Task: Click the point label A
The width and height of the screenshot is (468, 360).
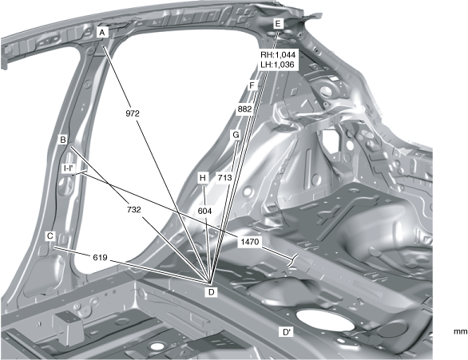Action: (x=102, y=32)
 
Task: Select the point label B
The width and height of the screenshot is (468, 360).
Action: (x=63, y=140)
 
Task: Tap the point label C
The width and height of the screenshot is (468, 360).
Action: (x=50, y=236)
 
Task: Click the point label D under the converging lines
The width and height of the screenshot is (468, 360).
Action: (x=212, y=292)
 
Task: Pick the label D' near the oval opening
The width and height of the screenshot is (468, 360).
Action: (x=286, y=332)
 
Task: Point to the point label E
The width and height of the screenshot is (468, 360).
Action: (x=278, y=24)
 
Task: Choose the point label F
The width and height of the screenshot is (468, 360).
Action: (x=252, y=86)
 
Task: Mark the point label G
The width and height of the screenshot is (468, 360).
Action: (x=236, y=135)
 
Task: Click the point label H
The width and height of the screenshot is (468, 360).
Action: (x=203, y=178)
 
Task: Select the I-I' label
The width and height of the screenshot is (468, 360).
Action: (x=69, y=168)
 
